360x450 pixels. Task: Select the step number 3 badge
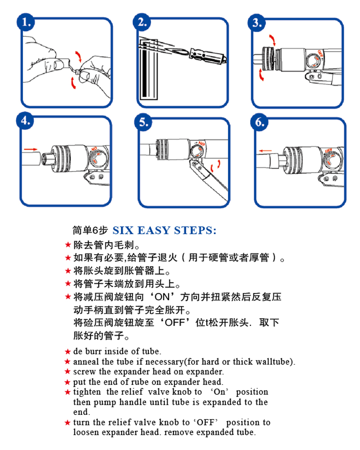(x=259, y=22)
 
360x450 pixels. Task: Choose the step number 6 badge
(x=260, y=122)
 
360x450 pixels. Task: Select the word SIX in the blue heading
(x=123, y=231)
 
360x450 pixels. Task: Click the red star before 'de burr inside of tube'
(x=68, y=351)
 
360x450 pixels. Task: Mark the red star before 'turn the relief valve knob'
(x=68, y=423)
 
